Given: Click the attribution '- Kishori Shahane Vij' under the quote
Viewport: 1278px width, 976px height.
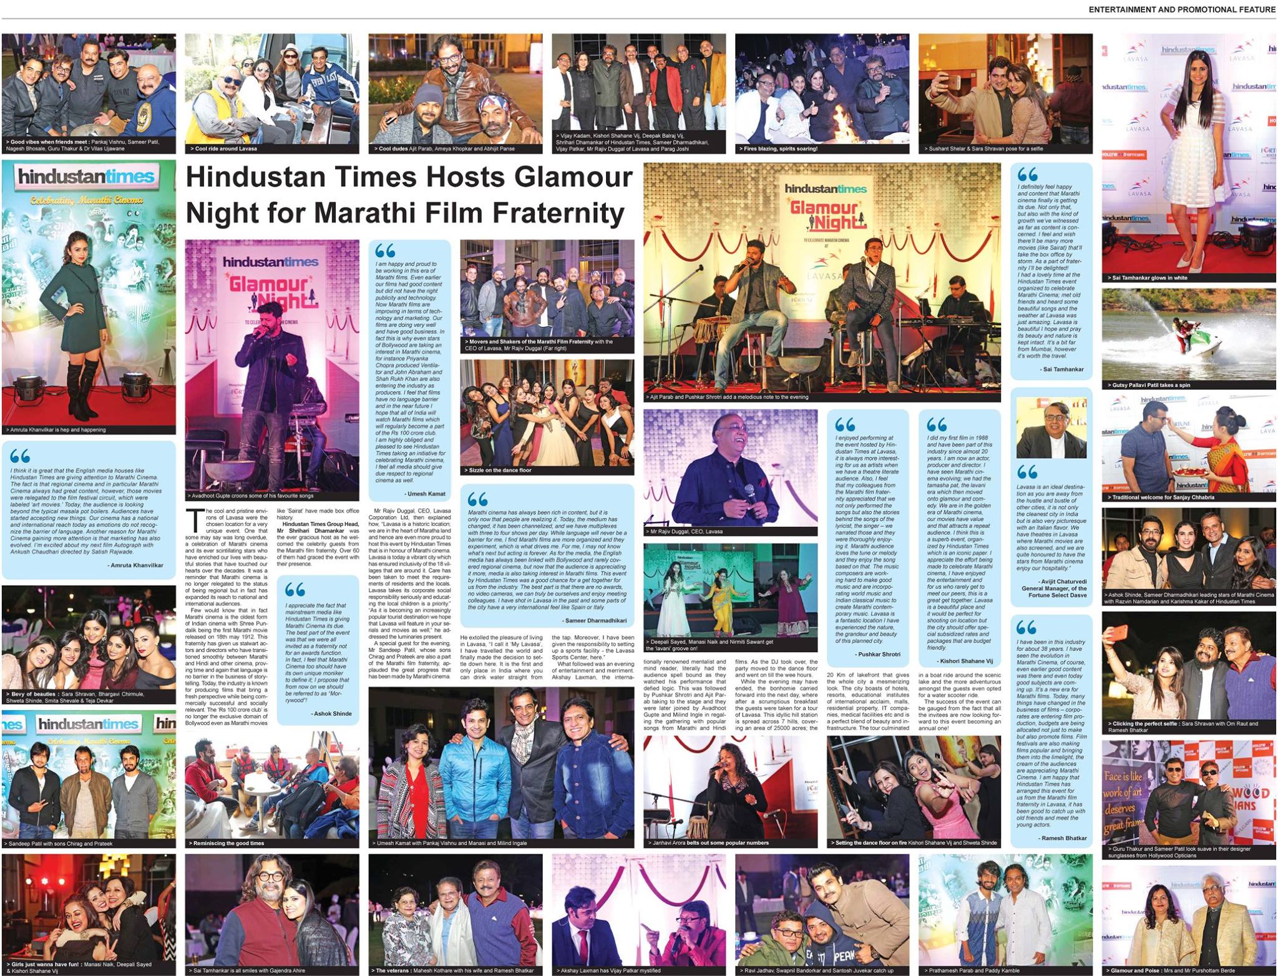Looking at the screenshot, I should pyautogui.click(x=964, y=660).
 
